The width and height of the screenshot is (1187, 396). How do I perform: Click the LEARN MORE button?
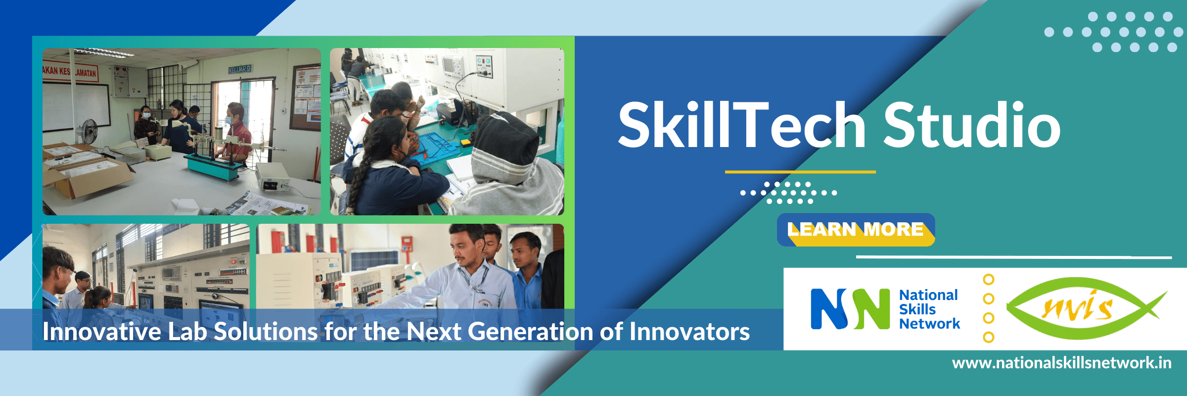click(856, 230)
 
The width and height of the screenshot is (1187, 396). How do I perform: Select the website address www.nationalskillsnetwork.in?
click(1061, 363)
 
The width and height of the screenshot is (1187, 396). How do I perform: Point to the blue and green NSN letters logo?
click(850, 309)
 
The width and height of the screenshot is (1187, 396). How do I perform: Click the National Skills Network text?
click(929, 309)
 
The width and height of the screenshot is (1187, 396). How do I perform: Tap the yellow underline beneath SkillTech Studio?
click(800, 172)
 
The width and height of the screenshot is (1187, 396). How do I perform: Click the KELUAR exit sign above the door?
click(240, 69)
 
